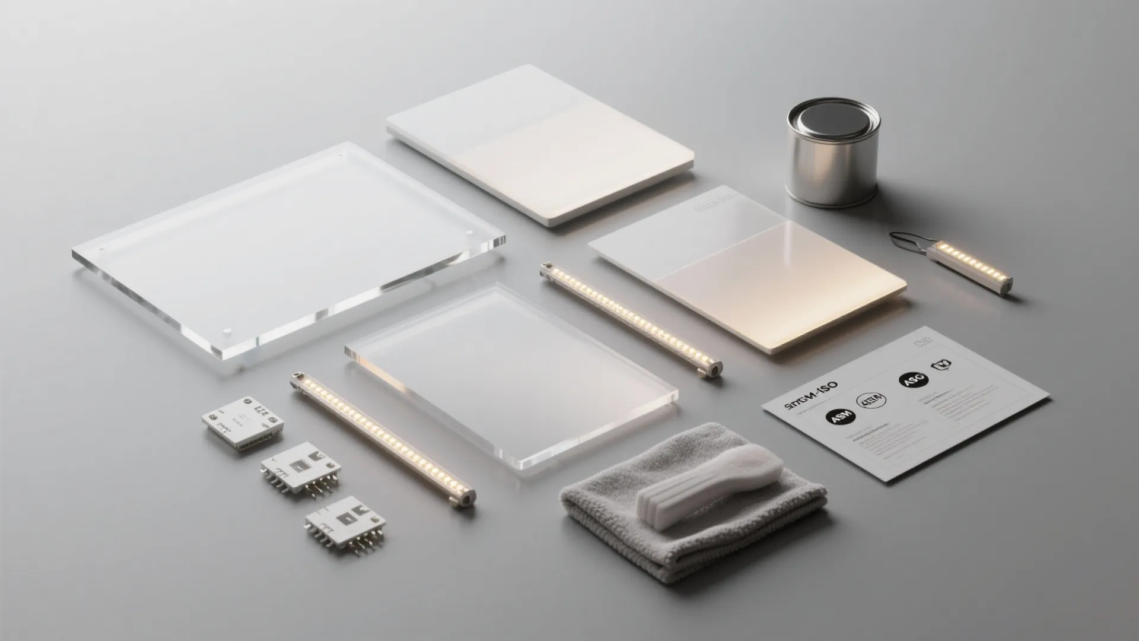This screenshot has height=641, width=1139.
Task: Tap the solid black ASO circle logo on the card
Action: point(912,380)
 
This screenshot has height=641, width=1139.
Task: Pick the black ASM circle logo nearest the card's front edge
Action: point(841,417)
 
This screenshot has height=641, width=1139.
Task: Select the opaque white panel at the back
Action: point(540,142)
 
